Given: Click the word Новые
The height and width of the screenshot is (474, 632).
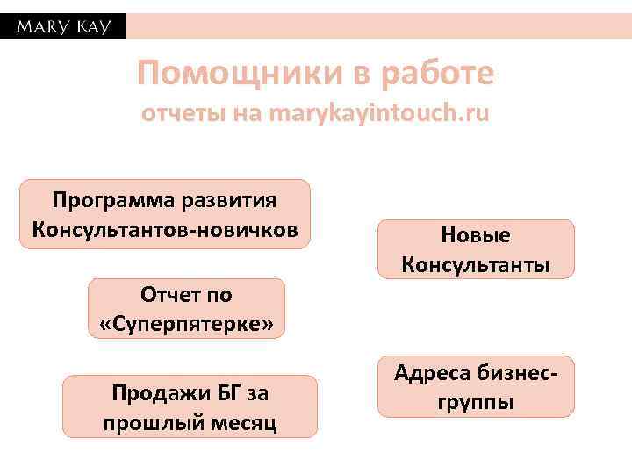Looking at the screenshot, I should tap(476, 235).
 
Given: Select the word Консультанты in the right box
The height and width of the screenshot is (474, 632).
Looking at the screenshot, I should tap(476, 264).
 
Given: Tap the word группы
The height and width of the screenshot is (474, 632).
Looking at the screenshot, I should tap(476, 402).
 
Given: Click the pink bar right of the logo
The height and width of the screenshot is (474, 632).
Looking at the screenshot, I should tap(378, 26).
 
